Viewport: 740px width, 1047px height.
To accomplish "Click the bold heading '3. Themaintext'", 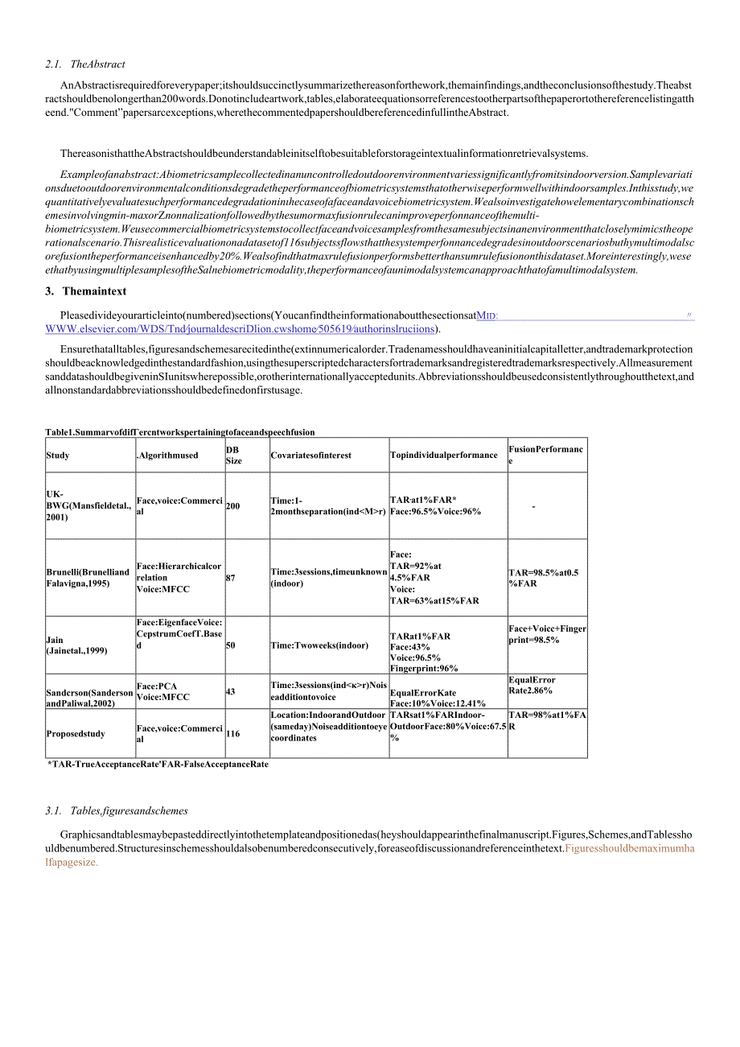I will (86, 291).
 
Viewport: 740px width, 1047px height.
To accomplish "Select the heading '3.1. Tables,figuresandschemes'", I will (117, 810).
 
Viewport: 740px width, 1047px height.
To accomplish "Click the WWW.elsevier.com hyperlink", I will (241, 328).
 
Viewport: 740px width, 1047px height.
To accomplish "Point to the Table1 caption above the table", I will (180, 432).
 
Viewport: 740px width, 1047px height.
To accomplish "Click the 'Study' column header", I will (58, 455).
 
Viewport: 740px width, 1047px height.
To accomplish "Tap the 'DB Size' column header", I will (233, 455).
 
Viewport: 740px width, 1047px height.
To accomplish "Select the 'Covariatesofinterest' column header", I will (311, 455).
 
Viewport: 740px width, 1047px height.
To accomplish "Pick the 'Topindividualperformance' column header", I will (443, 455).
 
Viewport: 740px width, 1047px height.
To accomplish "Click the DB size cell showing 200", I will (233, 506).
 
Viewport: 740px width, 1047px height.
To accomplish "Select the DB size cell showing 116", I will (233, 734).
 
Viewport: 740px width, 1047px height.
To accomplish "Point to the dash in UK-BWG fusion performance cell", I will (533, 506).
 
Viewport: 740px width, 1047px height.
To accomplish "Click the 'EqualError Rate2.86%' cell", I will (532, 685).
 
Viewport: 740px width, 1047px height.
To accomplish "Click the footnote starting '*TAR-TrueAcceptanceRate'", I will (158, 765).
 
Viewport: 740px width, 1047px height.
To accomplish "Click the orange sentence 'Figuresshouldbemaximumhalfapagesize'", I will (630, 849).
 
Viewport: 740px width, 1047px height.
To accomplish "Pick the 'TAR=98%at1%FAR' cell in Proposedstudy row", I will (547, 719).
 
